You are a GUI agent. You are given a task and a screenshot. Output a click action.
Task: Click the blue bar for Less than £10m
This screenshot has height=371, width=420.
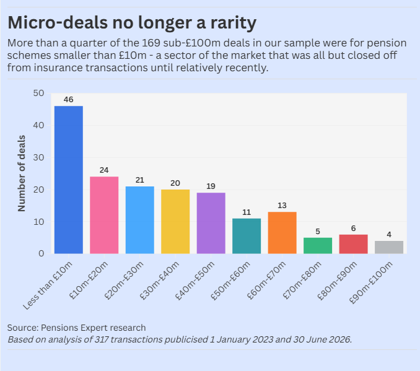coord(69,180)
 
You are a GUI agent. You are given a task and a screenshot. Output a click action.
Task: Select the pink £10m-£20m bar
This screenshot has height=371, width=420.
coord(104,215)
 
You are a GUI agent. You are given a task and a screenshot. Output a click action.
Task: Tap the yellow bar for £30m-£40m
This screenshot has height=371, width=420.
coord(175,222)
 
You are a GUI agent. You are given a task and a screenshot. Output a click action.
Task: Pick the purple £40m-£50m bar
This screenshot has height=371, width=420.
coord(211,223)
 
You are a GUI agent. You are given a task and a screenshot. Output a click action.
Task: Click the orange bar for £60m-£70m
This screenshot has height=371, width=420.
coord(282,233)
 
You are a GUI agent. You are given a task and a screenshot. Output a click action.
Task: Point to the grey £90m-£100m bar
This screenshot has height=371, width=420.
coord(389,247)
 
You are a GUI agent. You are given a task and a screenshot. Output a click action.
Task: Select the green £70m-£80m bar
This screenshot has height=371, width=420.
coord(318,246)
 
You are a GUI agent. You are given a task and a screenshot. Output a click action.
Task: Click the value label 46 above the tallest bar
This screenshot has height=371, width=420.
coord(69,100)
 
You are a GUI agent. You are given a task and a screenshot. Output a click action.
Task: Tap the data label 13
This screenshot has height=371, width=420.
coord(282,206)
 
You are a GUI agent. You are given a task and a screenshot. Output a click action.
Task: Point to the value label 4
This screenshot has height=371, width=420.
coord(389,235)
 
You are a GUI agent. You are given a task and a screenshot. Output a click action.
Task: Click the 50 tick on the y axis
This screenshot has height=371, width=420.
coord(39,94)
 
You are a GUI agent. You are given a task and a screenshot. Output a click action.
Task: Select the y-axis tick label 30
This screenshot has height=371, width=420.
coord(39,157)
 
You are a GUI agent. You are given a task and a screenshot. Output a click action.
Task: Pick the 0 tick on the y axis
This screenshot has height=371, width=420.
coord(42,253)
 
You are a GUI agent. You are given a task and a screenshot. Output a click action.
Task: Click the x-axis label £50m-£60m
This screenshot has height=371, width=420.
coord(230,280)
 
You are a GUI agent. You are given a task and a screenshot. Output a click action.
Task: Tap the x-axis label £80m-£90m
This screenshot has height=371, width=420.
coord(337,280)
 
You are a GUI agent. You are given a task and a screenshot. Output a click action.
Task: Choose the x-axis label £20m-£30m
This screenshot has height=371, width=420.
coord(124,280)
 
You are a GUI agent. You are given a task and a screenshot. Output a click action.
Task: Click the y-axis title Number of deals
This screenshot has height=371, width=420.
coord(22,173)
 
